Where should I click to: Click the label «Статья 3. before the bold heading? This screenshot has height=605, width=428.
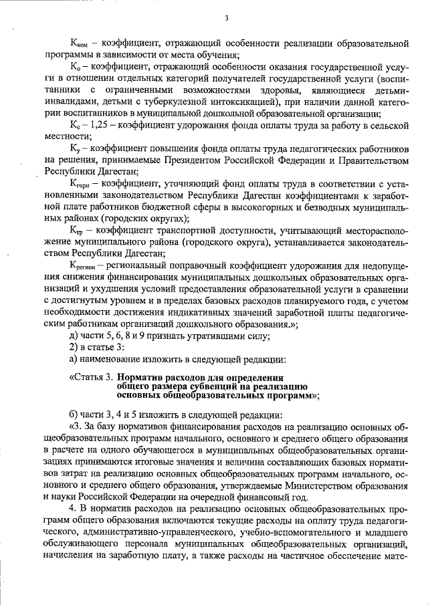(95, 377)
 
